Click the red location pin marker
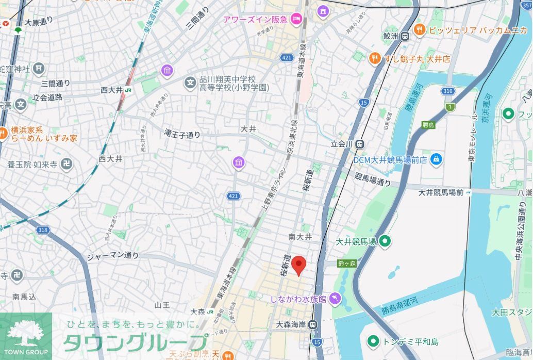click(x=299, y=265)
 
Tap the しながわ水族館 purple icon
click(x=335, y=299)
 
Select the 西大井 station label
click(x=111, y=90)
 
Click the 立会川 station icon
click(x=360, y=144)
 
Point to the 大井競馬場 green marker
click(x=385, y=241)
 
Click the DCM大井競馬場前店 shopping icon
click(x=437, y=159)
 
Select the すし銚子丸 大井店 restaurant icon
click(x=375, y=59)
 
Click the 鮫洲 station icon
click(x=405, y=36)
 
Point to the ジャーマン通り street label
click(x=112, y=255)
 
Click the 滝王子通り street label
click(x=182, y=135)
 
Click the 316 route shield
click(x=448, y=91)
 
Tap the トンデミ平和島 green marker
click(x=373, y=341)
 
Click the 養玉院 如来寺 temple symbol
click(x=66, y=165)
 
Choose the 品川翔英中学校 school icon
click(x=191, y=82)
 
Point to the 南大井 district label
click(x=300, y=237)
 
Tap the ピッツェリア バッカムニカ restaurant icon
click(x=419, y=30)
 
